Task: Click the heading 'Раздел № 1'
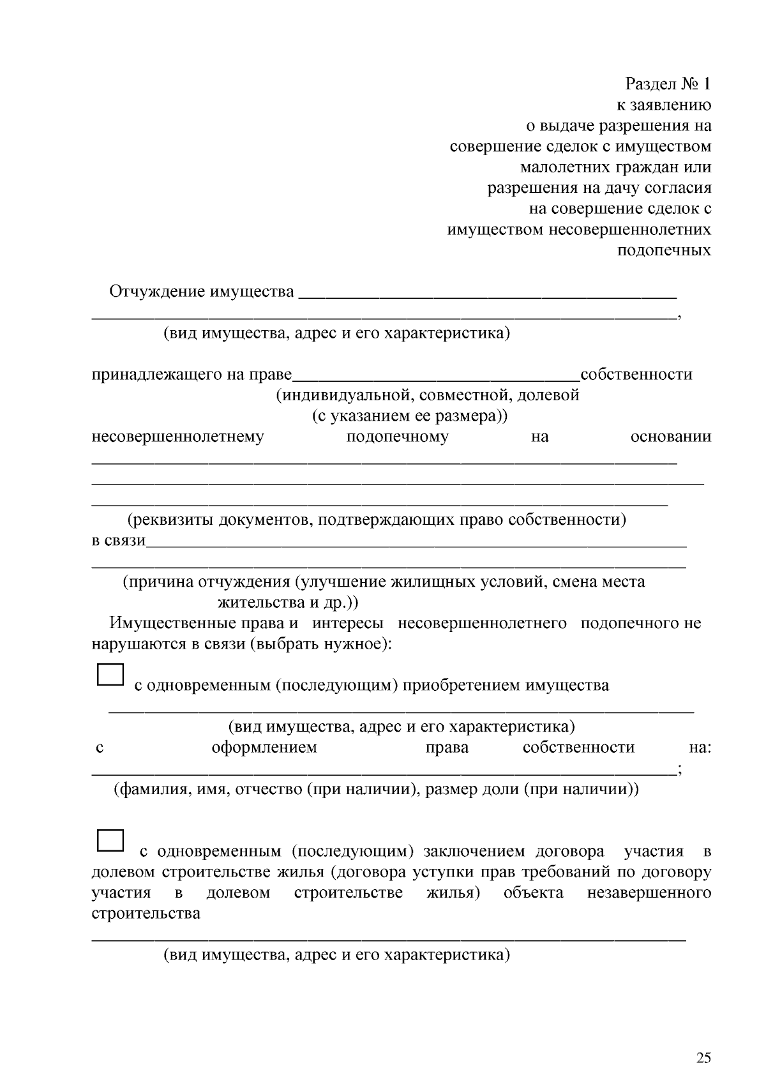tap(668, 84)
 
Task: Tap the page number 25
tap(703, 1058)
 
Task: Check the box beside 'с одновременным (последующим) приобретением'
tap(110, 675)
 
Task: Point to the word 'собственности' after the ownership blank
tap(636, 374)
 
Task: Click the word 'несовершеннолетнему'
tap(177, 437)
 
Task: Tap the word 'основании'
tap(670, 437)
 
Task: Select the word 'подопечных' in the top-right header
tap(664, 250)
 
